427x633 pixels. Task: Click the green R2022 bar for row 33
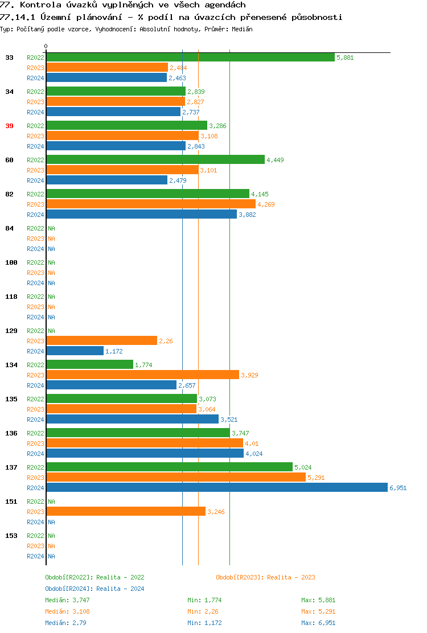pos(190,57)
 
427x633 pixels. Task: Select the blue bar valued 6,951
pos(216,487)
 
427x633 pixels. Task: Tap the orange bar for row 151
pos(125,511)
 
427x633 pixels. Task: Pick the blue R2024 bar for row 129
pos(75,351)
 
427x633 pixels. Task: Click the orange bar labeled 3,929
pos(142,375)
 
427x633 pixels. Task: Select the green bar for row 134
pos(89,364)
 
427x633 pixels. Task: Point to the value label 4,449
pos(275,160)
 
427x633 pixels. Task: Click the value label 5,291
pos(316,478)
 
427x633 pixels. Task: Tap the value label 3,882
pos(247,215)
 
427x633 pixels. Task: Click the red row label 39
pos(9,126)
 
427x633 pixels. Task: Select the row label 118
pos(11,297)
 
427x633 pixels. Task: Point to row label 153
pos(11,536)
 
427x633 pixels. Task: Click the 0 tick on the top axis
pos(46,47)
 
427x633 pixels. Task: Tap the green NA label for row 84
pos(51,228)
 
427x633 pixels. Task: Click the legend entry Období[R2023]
pos(265,577)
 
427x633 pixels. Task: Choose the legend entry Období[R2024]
pos(95,589)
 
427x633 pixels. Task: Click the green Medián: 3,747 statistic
pos(67,600)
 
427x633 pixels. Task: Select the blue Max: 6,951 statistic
pos(318,623)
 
